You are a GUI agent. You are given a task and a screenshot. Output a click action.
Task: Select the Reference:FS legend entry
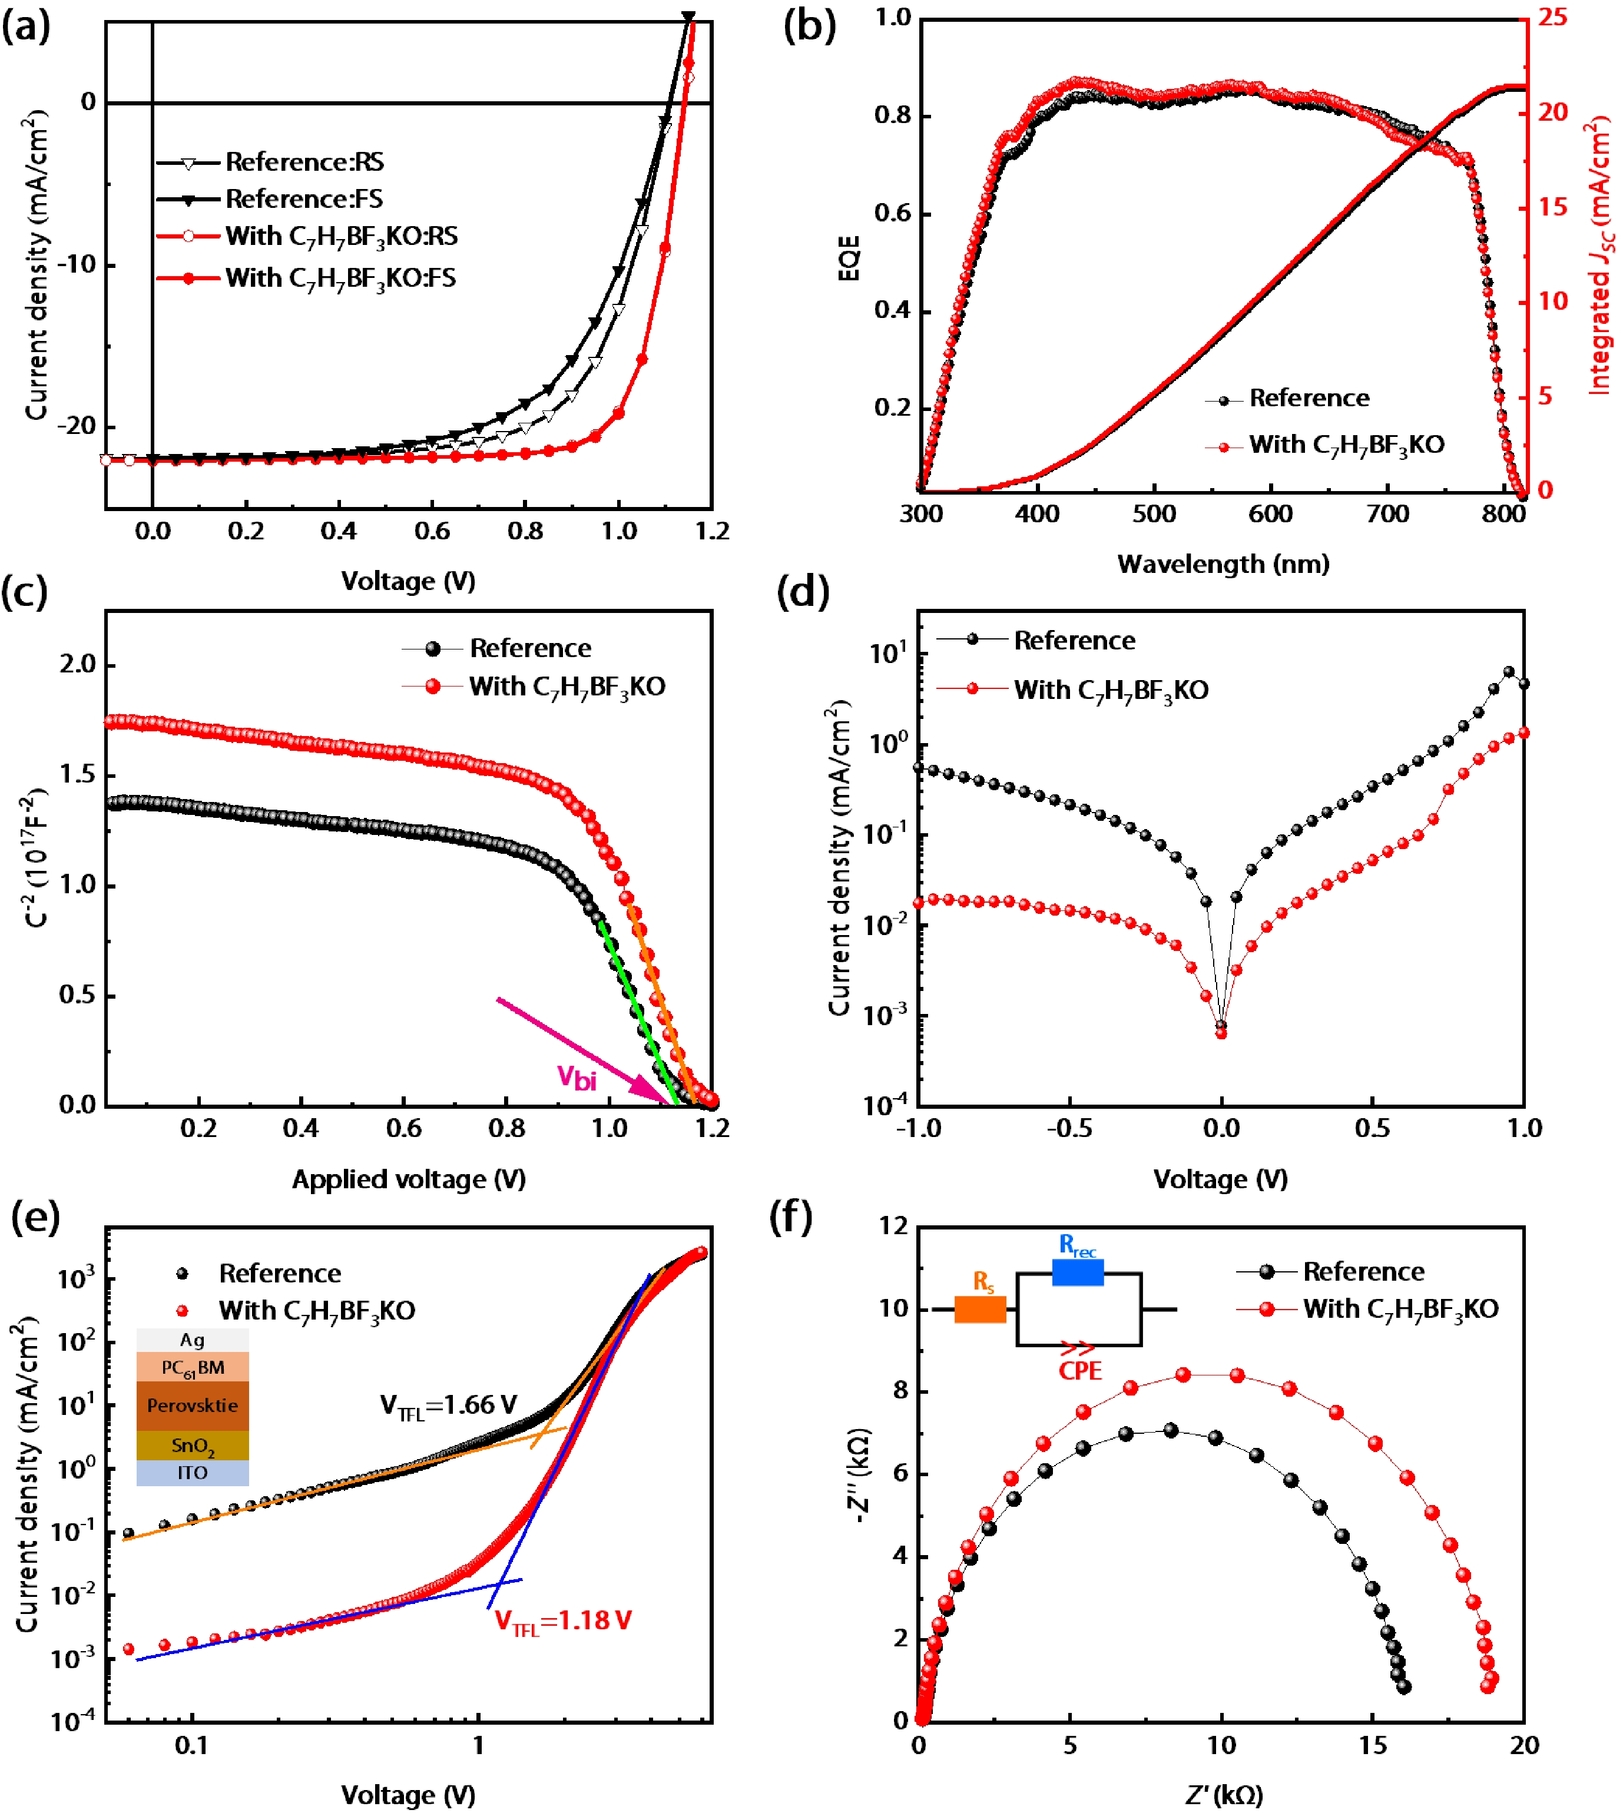[x=303, y=199]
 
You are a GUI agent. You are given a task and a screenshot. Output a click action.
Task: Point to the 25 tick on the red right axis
[x=1552, y=18]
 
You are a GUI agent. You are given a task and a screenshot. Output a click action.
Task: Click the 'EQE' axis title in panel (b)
[x=850, y=258]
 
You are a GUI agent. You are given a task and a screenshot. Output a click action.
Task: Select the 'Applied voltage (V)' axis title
[x=409, y=1179]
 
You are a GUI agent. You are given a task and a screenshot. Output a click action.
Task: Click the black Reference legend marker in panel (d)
[x=973, y=639]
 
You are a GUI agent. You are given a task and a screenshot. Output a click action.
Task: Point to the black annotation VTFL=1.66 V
[x=449, y=1406]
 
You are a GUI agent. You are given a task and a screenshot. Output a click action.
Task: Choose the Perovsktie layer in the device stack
[x=193, y=1406]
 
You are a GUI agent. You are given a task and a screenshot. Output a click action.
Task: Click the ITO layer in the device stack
[x=193, y=1472]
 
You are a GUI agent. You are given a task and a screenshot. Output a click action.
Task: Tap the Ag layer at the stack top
[x=193, y=1340]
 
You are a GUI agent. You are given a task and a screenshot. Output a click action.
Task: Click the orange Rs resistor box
[x=980, y=1309]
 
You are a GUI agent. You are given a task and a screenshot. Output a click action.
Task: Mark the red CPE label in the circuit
[x=1080, y=1371]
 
